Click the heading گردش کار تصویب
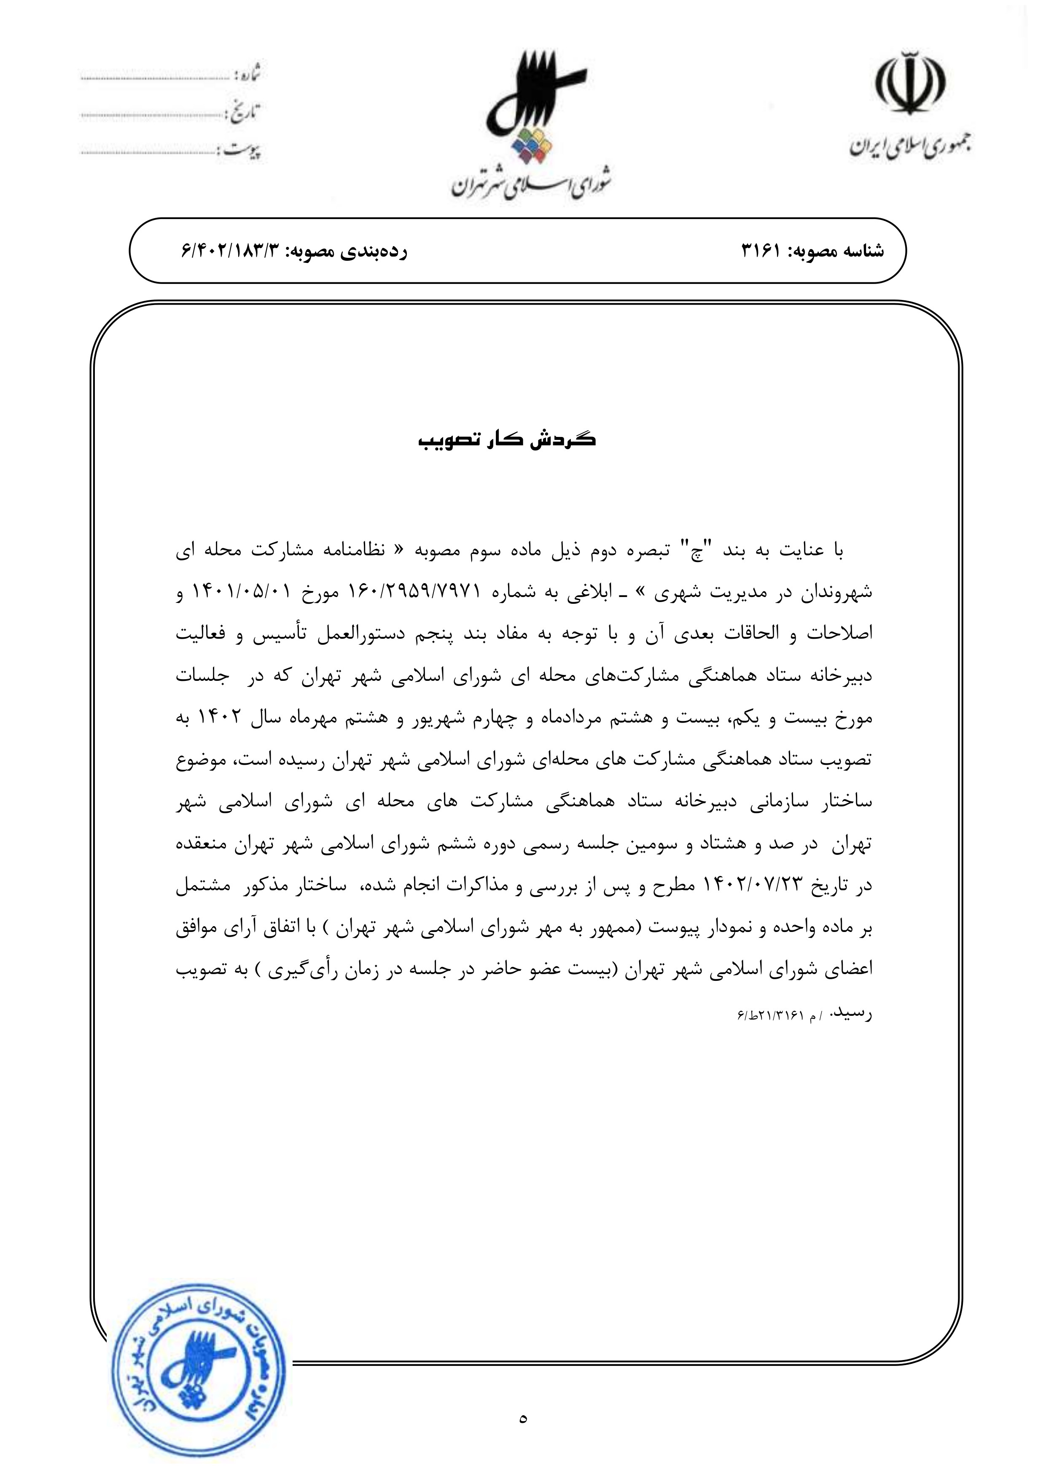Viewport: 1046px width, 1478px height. tap(508, 441)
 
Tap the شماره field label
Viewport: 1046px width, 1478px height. tap(247, 74)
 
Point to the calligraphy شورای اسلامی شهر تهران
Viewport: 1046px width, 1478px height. tap(532, 185)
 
